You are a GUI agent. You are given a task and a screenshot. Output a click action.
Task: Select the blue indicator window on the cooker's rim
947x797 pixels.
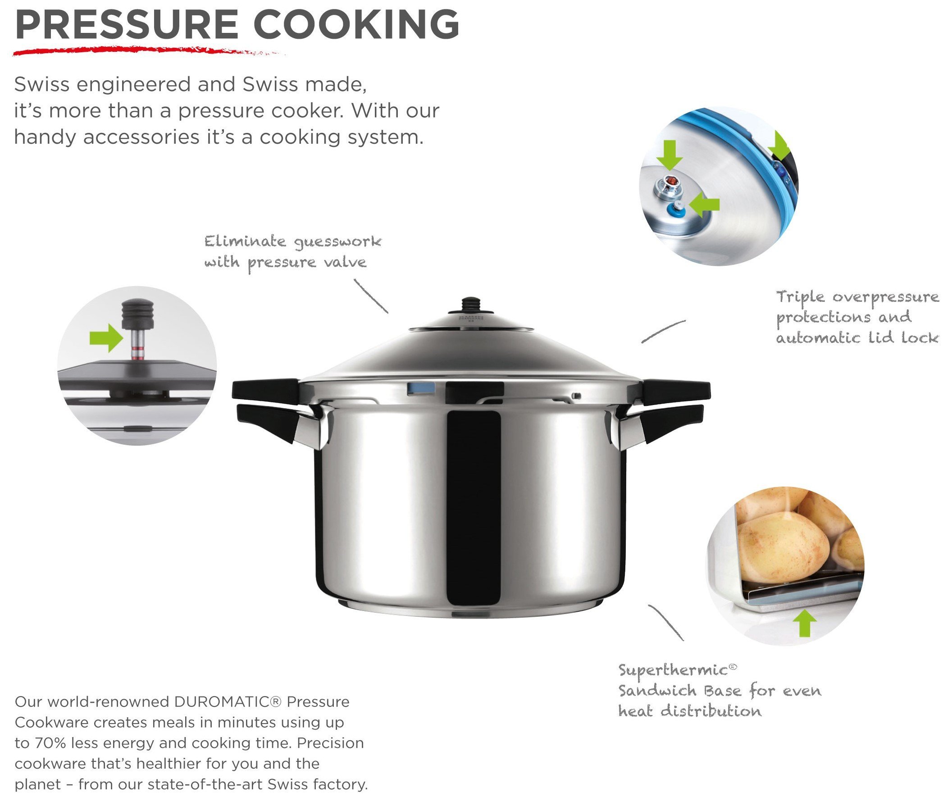pos(421,388)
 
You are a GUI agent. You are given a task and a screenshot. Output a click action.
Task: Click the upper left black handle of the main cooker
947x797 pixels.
pos(265,390)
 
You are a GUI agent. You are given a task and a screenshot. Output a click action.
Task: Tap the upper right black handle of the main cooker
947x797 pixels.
pos(676,392)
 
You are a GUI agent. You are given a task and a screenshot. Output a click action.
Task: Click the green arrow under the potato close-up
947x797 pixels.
pos(805,622)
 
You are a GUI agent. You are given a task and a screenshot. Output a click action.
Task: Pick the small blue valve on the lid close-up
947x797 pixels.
pos(676,209)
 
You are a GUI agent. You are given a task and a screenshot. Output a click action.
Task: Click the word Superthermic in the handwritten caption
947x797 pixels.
pos(672,670)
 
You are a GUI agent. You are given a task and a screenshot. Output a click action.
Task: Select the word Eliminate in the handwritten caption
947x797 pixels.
pos(245,241)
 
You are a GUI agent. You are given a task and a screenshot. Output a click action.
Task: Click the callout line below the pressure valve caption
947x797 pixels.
pos(370,296)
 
